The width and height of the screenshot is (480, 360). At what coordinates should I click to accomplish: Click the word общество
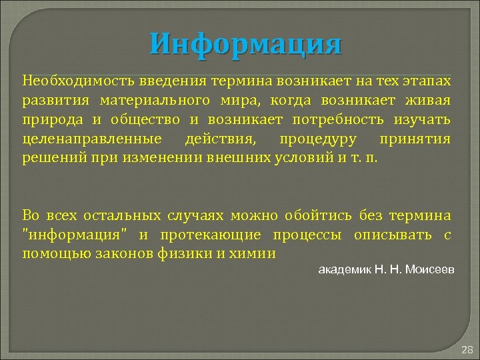[148, 120]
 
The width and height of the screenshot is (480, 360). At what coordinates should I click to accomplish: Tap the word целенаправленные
[91, 139]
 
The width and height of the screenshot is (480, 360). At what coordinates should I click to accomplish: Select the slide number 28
[467, 349]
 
